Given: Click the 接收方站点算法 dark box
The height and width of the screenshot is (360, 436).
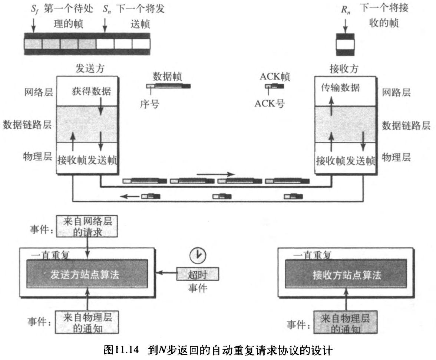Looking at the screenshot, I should (x=347, y=275).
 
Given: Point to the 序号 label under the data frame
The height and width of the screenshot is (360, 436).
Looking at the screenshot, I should (x=150, y=104).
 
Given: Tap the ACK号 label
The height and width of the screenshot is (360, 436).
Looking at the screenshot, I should (x=269, y=104).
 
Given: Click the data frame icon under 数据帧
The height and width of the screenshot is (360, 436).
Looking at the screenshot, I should (x=168, y=86).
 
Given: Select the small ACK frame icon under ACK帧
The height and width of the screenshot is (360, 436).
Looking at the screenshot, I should (x=274, y=86).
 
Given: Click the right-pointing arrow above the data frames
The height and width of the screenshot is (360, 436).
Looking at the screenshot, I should (x=216, y=174).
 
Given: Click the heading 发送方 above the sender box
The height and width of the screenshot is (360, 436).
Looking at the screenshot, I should (x=87, y=69).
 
